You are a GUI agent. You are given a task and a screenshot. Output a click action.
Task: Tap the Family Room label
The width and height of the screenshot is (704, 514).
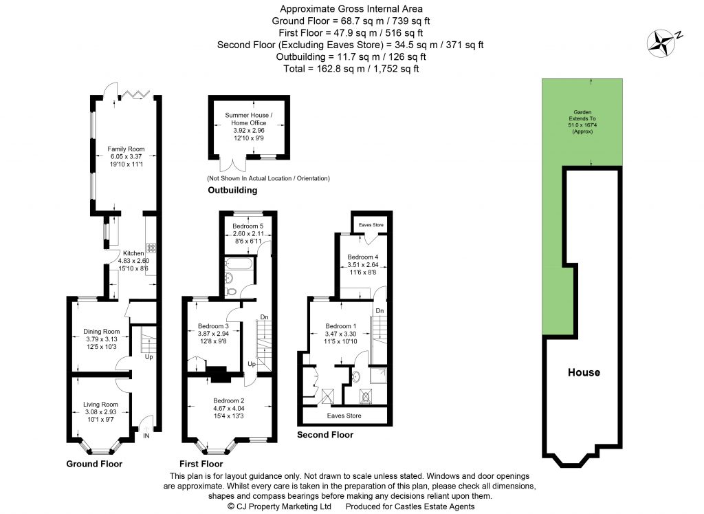124,148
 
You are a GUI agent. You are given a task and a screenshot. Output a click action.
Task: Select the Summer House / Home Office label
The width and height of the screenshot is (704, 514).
248,119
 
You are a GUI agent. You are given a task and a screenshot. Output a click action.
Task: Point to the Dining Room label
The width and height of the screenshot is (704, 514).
101,331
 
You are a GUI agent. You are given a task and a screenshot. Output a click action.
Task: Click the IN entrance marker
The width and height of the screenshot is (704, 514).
146,436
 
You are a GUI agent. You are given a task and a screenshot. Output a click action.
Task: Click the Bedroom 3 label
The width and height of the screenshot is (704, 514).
212,325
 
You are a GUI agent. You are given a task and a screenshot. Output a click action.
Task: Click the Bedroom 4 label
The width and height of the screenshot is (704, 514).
362,256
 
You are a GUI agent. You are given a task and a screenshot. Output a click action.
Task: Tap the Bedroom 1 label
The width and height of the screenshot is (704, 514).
341,325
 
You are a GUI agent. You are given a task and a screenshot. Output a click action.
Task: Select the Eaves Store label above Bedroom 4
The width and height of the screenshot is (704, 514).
368,224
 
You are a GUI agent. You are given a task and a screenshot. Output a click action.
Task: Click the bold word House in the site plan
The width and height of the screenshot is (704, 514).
584,372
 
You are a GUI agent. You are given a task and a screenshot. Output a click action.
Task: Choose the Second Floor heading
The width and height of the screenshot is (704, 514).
324,435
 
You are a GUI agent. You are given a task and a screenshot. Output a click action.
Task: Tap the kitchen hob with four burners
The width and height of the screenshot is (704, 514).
150,248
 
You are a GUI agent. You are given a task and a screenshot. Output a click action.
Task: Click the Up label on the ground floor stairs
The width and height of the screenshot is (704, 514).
148,357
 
